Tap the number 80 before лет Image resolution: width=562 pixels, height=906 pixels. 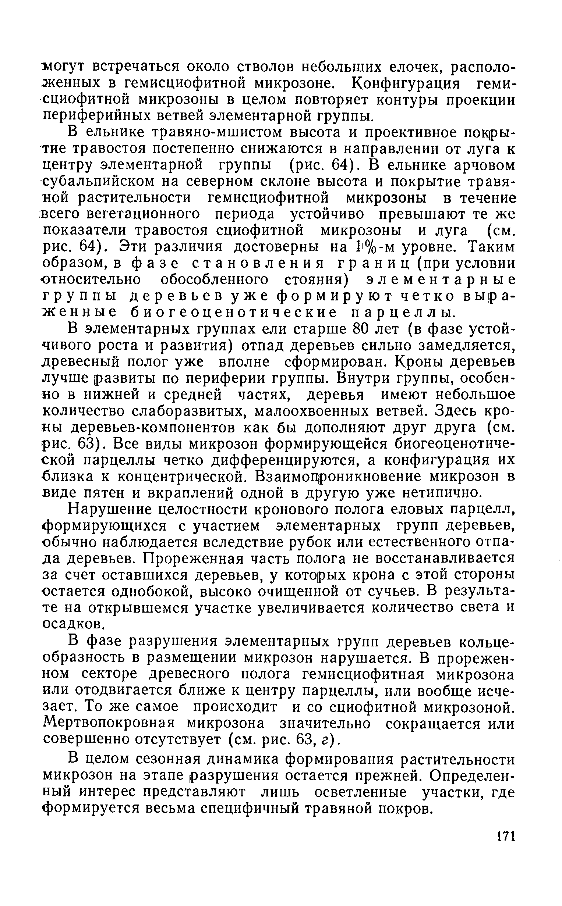pos(362,329)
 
